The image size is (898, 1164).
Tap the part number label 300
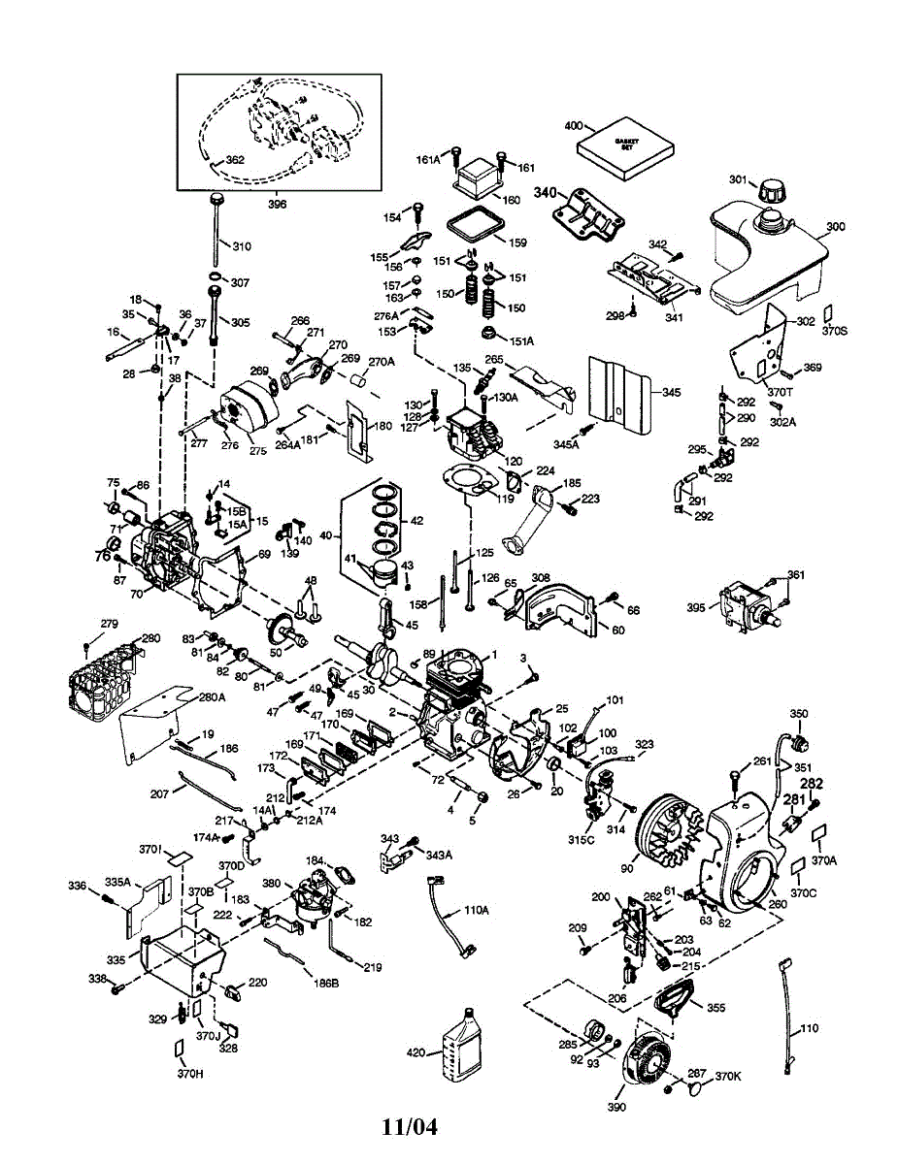point(835,227)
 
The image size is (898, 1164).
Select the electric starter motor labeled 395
point(743,604)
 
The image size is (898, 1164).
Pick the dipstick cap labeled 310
point(213,200)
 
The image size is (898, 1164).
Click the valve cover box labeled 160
point(479,179)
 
